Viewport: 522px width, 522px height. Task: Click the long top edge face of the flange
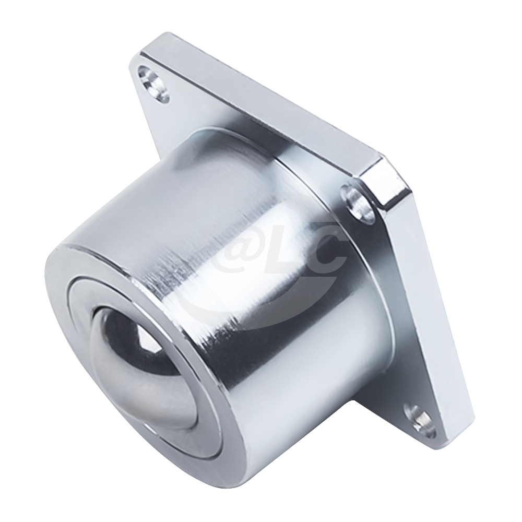pos(261,89)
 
